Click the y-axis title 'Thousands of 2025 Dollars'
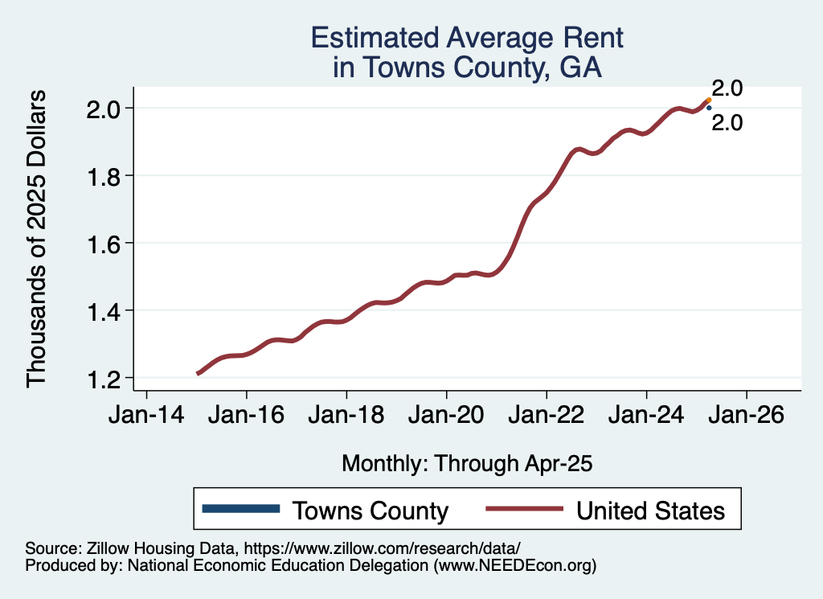click(37, 238)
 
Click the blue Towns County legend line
click(241, 509)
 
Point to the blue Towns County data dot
click(709, 108)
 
